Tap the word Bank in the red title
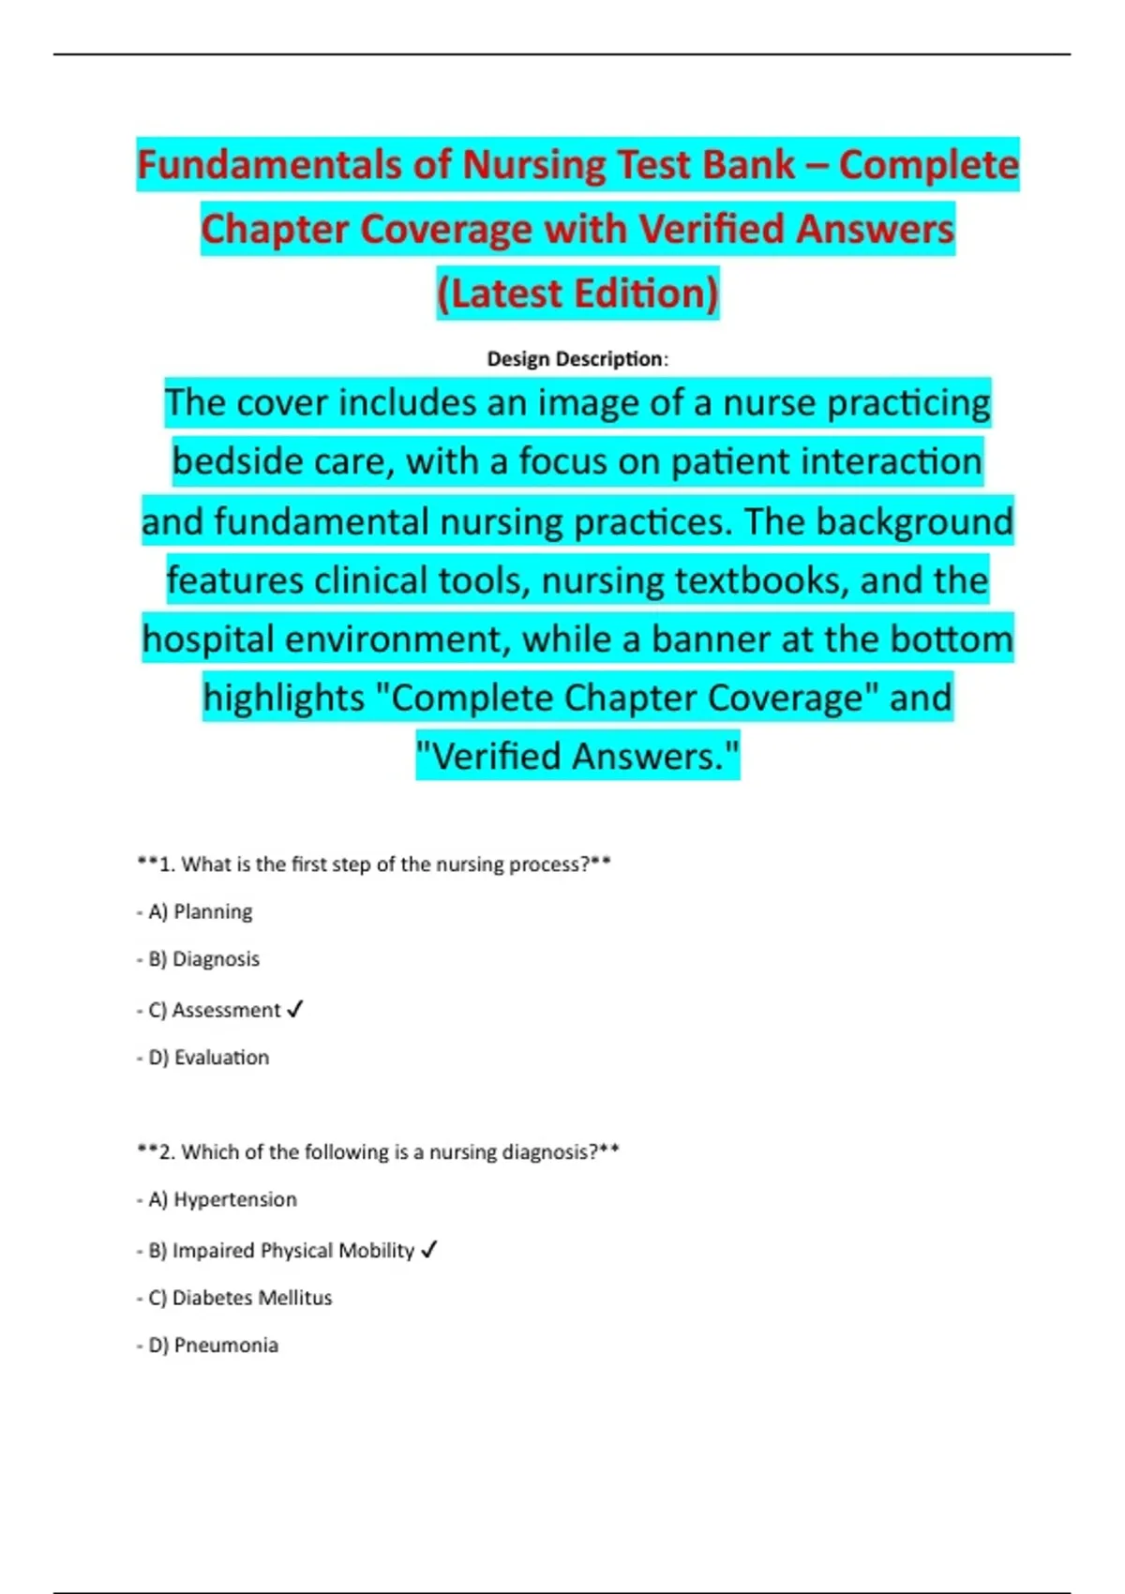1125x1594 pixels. click(747, 165)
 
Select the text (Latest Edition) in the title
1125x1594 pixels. click(577, 293)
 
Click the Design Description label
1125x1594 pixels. click(577, 359)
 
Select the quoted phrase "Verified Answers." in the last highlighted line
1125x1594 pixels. click(577, 757)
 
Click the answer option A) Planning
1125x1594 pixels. click(200, 911)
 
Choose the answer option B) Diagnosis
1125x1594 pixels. click(203, 959)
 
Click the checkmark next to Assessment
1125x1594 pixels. click(295, 1010)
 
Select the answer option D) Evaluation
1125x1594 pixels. click(208, 1058)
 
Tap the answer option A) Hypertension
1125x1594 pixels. click(222, 1199)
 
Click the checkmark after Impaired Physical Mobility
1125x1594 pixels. click(429, 1250)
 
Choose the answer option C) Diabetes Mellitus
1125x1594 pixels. click(240, 1298)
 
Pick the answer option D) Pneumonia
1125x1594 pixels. click(213, 1346)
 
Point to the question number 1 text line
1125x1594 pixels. click(375, 865)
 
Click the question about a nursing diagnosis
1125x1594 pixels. click(379, 1151)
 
